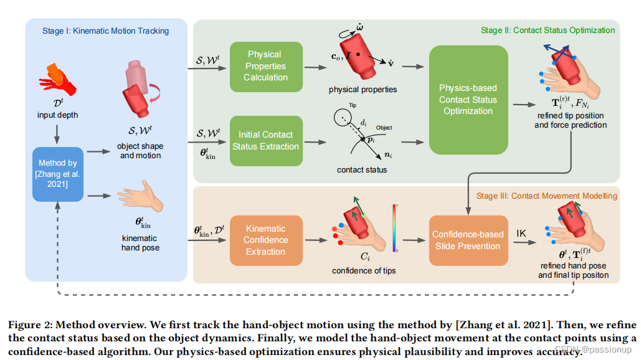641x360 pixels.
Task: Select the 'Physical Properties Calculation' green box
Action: click(x=265, y=66)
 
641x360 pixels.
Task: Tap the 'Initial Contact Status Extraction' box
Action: click(x=265, y=140)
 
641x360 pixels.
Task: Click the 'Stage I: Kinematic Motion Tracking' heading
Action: click(x=106, y=31)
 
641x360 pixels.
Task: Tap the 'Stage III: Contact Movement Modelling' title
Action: click(x=547, y=196)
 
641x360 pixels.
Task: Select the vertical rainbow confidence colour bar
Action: click(x=394, y=227)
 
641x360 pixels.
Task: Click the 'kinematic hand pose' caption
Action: click(x=140, y=243)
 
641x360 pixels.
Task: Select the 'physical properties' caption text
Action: click(x=363, y=90)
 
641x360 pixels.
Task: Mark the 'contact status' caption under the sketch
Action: click(x=361, y=169)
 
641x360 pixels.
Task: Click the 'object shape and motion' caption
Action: click(x=140, y=151)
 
